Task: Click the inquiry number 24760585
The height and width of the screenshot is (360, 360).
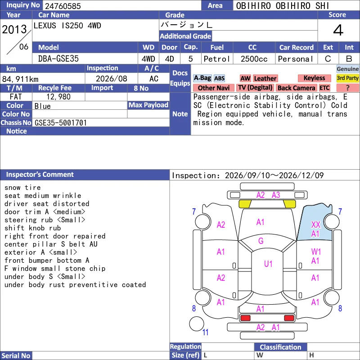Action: [63, 6]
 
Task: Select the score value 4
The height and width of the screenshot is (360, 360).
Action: [338, 30]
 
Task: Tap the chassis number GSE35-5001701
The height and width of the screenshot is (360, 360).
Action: [61, 123]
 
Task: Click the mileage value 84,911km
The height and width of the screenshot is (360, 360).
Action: [20, 79]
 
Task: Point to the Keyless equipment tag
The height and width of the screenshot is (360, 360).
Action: [314, 78]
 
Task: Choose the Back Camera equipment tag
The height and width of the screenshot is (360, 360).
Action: [297, 88]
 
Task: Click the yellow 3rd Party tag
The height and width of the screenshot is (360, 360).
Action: [347, 78]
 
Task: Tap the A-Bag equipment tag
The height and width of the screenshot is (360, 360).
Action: [202, 78]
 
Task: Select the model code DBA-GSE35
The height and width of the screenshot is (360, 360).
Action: [58, 59]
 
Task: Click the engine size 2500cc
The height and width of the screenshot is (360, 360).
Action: [254, 59]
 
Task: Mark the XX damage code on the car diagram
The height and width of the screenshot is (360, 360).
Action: [316, 225]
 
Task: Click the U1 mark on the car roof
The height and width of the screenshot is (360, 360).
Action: [268, 264]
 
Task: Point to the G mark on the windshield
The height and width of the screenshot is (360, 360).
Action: [261, 241]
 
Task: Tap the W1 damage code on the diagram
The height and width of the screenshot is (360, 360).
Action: [316, 252]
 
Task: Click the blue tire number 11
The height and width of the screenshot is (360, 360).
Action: [205, 332]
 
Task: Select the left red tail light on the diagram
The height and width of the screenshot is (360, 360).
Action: [245, 318]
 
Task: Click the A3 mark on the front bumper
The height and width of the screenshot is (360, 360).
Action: [276, 195]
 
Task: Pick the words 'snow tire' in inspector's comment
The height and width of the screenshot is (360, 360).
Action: [22, 188]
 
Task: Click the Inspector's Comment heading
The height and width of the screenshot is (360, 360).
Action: [40, 175]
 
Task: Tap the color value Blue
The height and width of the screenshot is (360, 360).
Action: [42, 106]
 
